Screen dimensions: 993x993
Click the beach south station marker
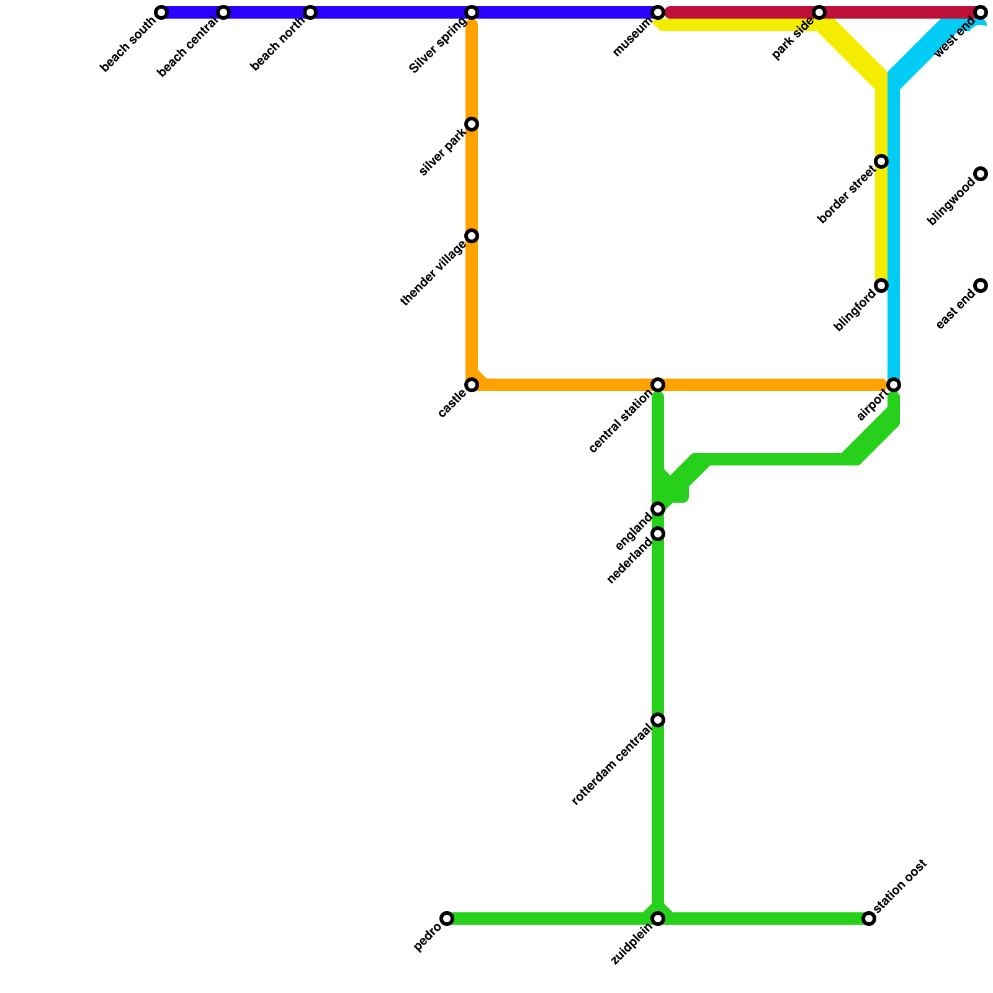pyautogui.click(x=161, y=12)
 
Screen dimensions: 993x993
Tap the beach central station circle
pyautogui.click(x=223, y=12)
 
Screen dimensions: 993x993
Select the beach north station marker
pyautogui.click(x=310, y=12)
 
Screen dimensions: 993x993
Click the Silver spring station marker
pyautogui.click(x=472, y=12)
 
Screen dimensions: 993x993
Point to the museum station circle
pyautogui.click(x=658, y=12)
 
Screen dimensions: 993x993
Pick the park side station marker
pyautogui.click(x=819, y=12)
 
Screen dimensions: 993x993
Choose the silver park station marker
pyautogui.click(x=472, y=124)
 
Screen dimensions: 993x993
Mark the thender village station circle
pyautogui.click(x=472, y=236)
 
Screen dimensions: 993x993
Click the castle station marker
pyautogui.click(x=472, y=385)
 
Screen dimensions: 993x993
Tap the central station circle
pyautogui.click(x=658, y=385)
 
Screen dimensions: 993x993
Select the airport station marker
pyautogui.click(x=894, y=385)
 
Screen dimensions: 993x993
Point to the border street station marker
pyautogui.click(x=881, y=161)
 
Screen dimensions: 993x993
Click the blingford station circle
pyautogui.click(x=881, y=285)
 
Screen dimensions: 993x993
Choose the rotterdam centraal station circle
pyautogui.click(x=658, y=720)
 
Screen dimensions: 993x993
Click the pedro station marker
pyautogui.click(x=447, y=919)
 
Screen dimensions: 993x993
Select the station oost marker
pyautogui.click(x=869, y=919)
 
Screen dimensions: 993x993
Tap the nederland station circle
pyautogui.click(x=658, y=534)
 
